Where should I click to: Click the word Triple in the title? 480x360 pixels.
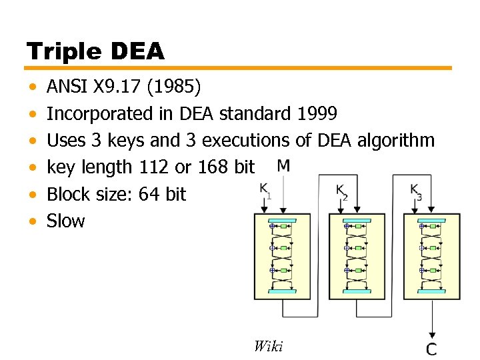(x=61, y=51)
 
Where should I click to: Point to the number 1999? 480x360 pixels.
(x=316, y=114)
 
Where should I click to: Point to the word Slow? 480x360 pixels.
(x=66, y=221)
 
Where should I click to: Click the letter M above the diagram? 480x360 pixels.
(x=284, y=165)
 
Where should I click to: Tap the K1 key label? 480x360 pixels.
(x=265, y=191)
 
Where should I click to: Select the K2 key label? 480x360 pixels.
(x=341, y=191)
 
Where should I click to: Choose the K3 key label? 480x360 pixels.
(x=416, y=191)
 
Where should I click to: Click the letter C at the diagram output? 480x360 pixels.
(x=432, y=348)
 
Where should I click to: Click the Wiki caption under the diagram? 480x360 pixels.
(x=268, y=345)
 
